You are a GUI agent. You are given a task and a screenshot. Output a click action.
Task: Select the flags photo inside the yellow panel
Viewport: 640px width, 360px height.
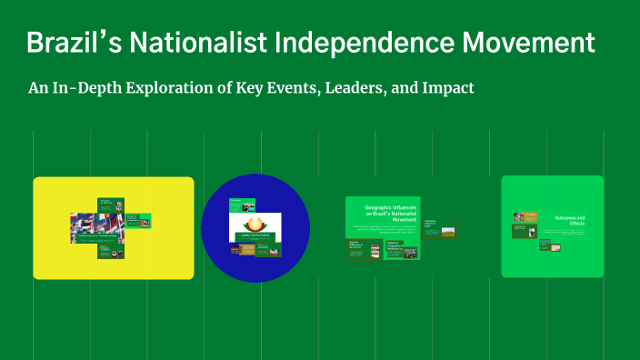95,227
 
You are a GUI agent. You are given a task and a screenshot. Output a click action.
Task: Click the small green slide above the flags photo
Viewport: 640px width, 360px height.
110,204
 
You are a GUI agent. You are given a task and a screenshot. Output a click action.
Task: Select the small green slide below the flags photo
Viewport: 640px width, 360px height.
110,250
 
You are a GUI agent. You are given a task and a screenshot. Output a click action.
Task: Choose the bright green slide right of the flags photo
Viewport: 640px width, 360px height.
137,220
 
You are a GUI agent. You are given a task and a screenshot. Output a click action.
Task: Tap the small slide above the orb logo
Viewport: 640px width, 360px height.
241,205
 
